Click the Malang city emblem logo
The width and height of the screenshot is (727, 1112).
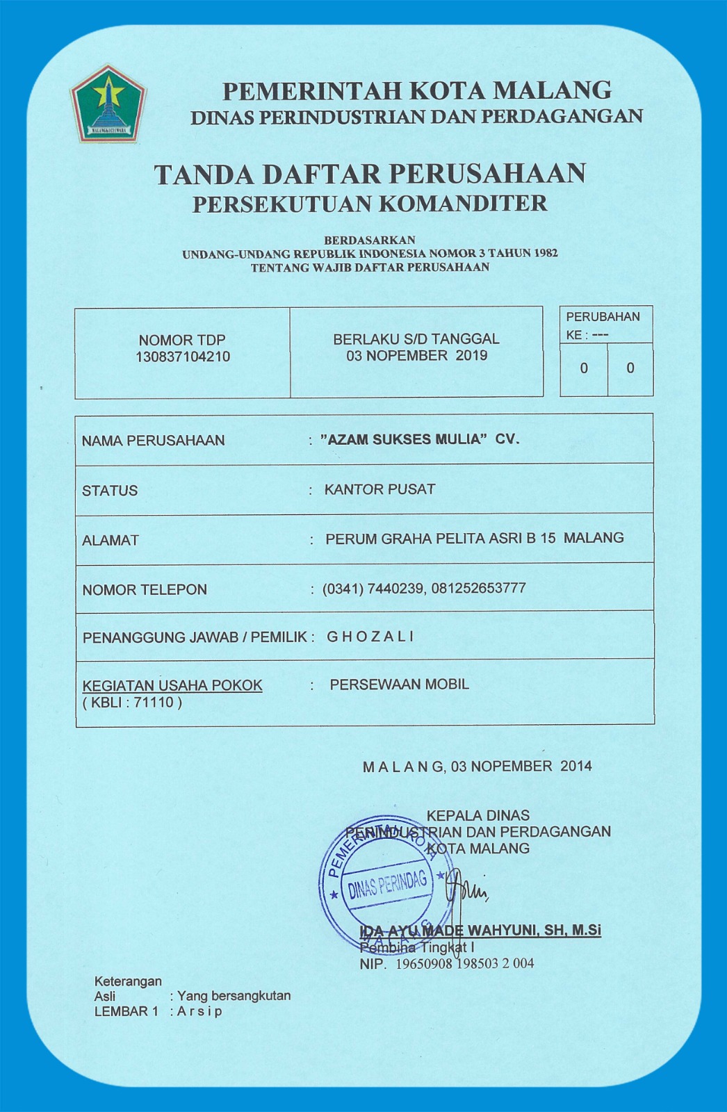[108, 104]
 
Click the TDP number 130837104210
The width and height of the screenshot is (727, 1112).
[183, 357]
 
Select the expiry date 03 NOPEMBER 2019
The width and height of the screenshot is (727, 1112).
[417, 356]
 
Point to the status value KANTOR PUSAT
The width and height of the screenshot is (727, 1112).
[379, 489]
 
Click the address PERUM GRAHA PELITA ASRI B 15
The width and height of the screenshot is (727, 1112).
[441, 539]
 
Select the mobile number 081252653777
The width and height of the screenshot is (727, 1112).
[478, 589]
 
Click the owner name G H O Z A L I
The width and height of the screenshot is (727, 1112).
[370, 637]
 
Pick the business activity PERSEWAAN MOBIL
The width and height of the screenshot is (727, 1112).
[399, 685]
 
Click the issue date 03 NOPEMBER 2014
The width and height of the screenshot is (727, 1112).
[521, 767]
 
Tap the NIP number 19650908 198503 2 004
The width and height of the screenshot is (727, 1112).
[464, 964]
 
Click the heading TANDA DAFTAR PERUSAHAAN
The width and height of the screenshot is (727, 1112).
[370, 174]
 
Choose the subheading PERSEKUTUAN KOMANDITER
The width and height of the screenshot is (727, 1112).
[370, 204]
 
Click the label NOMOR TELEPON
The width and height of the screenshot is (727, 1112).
[145, 590]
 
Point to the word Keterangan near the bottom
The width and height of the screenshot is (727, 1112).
[128, 981]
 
